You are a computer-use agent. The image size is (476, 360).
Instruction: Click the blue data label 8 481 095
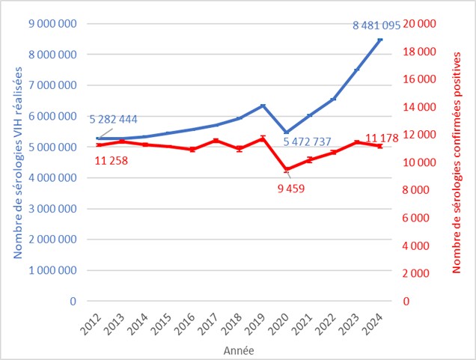coord(379,25)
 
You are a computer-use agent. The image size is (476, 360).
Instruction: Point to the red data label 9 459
coord(293,187)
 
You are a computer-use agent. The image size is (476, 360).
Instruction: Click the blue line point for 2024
coord(380,39)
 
